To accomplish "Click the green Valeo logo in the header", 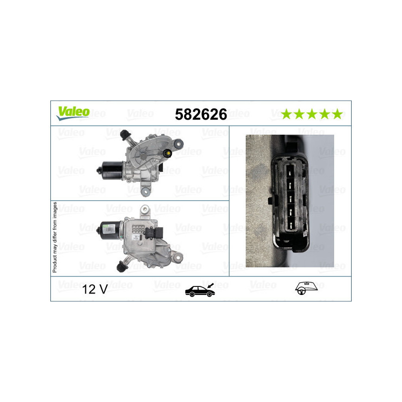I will (73, 113).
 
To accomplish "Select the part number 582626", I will (200, 115).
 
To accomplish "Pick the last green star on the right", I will (337, 114).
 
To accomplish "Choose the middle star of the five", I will (312, 114).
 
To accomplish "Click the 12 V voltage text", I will (95, 290).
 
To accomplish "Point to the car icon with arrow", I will (199, 289).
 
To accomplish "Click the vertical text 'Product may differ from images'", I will (55, 237).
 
